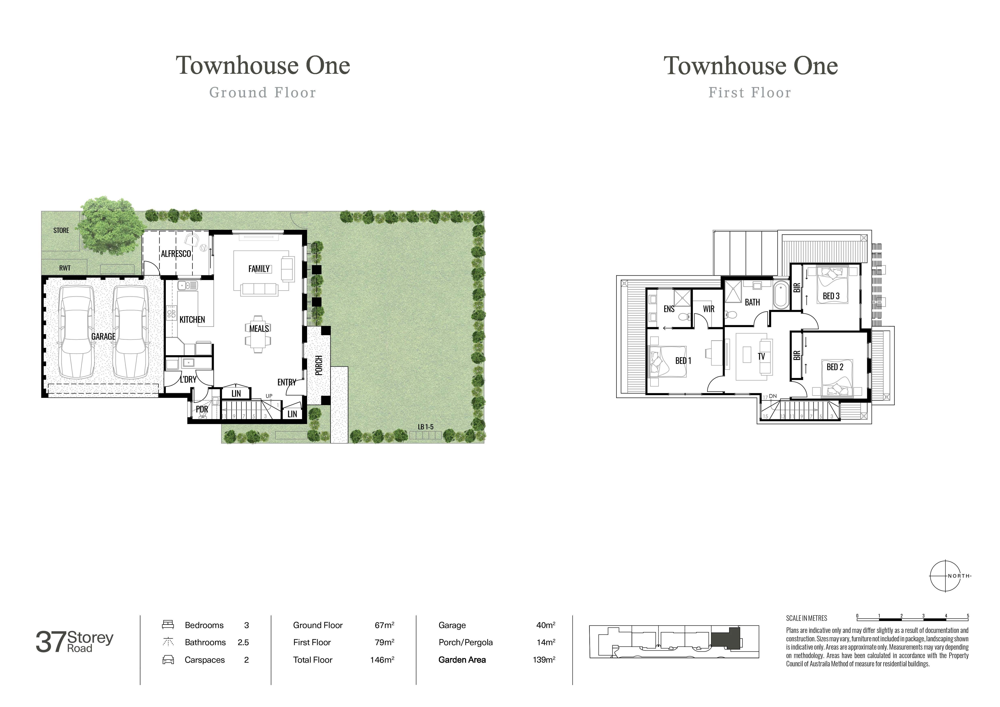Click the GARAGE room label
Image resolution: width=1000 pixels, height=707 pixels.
(103, 336)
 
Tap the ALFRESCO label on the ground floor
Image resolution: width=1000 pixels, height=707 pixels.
(176, 253)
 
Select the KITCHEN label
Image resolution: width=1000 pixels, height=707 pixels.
(192, 320)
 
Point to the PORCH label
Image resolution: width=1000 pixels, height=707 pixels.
(319, 365)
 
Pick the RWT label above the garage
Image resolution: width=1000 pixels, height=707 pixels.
(65, 268)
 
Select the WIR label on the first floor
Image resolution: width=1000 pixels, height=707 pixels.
(709, 309)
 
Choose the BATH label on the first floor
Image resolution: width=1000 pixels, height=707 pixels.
(752, 302)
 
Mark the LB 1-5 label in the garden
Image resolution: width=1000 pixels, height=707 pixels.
(426, 427)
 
